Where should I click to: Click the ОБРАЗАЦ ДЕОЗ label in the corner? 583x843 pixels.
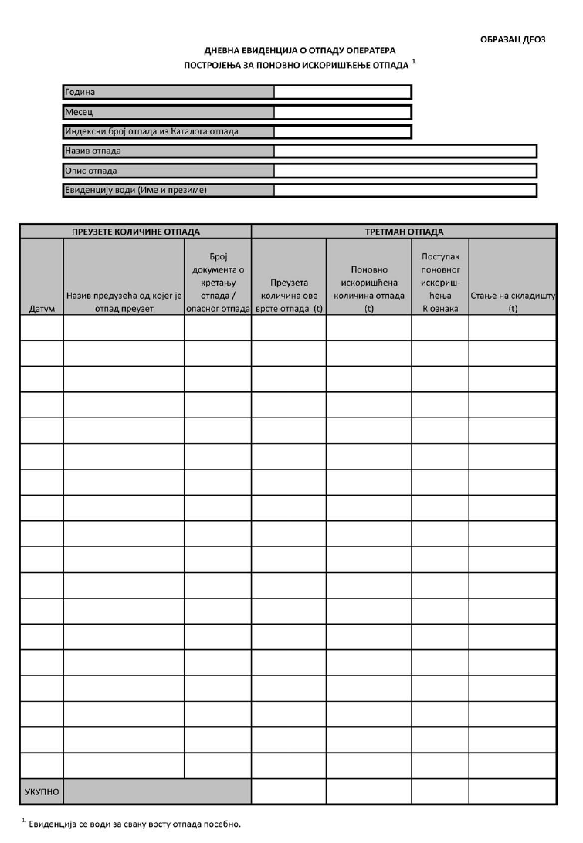(x=513, y=39)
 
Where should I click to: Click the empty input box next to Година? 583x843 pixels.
(x=342, y=93)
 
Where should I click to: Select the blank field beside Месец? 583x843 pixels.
(x=342, y=112)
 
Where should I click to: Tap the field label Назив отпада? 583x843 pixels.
(x=93, y=151)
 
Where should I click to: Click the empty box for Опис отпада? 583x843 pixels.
(x=405, y=171)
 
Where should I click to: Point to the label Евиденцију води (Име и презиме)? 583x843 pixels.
(x=137, y=190)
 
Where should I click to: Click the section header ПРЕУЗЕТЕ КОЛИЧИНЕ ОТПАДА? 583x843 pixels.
(x=136, y=232)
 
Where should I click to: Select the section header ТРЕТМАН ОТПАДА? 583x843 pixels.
(x=404, y=232)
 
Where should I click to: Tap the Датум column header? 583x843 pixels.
(x=42, y=309)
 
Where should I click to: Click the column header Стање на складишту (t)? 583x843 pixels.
(x=513, y=302)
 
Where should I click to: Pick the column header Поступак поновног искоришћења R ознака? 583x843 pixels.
(x=440, y=283)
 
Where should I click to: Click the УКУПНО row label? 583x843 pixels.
(x=42, y=791)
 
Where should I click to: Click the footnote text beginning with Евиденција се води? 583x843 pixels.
(x=134, y=824)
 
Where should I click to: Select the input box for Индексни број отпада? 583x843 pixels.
(x=342, y=131)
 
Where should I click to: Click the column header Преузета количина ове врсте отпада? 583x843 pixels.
(x=290, y=296)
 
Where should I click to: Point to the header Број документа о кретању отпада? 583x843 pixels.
(x=218, y=283)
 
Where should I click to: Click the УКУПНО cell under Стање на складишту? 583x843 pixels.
(x=513, y=791)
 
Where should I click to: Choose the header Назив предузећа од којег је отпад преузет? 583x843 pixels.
(x=124, y=302)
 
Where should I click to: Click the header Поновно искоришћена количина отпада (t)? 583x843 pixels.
(x=369, y=289)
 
